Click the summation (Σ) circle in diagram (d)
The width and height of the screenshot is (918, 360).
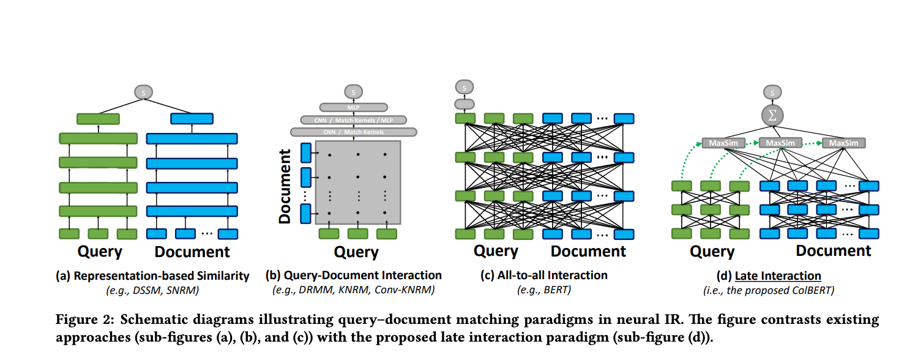(x=772, y=114)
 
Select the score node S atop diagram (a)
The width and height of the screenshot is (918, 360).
(x=143, y=92)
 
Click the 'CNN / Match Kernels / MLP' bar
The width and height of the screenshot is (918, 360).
(x=353, y=119)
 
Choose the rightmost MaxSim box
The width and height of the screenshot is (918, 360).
(x=844, y=143)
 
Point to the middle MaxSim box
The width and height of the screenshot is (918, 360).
(x=780, y=143)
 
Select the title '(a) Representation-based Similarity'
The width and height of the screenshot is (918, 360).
(x=152, y=276)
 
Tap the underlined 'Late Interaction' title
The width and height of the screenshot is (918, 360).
(x=778, y=276)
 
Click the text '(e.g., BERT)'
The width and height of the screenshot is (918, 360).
(x=544, y=290)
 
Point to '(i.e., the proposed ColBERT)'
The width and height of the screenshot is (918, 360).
(x=777, y=290)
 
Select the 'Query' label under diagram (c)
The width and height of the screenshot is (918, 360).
(x=496, y=251)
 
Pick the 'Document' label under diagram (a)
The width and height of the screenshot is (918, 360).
(x=192, y=252)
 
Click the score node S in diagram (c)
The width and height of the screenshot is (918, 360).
(x=465, y=88)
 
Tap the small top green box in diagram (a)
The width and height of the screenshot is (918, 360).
(x=98, y=119)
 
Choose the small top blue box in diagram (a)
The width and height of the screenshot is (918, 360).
(x=192, y=119)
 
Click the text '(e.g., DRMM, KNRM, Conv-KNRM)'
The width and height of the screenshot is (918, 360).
(x=353, y=290)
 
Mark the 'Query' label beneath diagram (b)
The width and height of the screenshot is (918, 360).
(x=356, y=252)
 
